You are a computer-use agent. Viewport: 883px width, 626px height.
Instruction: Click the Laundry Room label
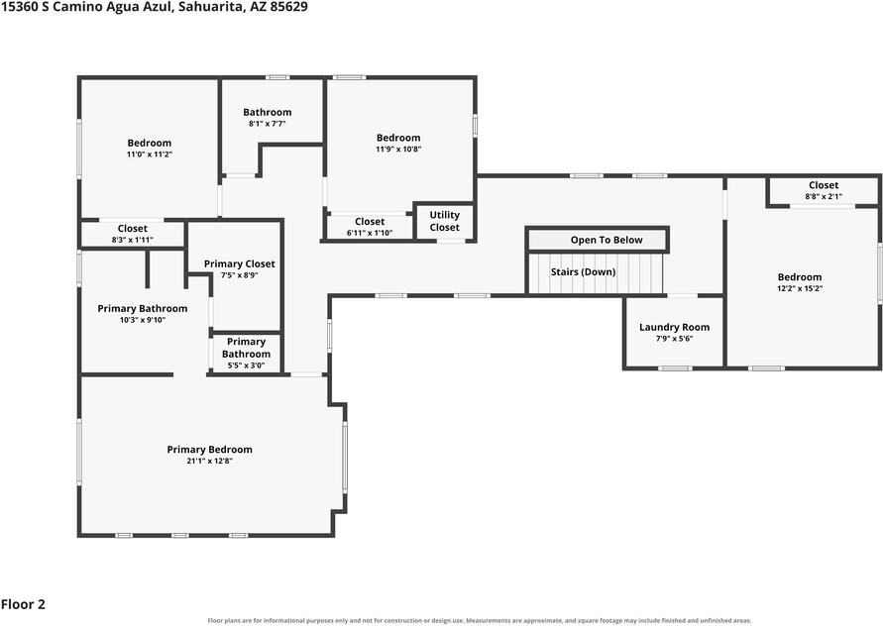(x=674, y=327)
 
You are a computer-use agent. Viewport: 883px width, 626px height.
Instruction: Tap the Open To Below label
(x=607, y=240)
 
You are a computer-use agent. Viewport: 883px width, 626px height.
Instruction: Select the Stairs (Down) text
(x=583, y=272)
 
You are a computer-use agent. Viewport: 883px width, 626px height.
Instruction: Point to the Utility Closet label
(x=444, y=221)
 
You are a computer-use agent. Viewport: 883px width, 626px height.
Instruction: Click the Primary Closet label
(x=240, y=264)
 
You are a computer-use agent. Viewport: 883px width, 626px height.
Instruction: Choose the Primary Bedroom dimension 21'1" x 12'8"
(x=209, y=461)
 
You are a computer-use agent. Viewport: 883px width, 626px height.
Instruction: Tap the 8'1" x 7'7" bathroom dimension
(x=267, y=124)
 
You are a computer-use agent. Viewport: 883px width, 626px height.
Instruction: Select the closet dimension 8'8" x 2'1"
(x=824, y=196)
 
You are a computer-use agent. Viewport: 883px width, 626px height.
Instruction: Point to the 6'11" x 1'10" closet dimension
(x=370, y=233)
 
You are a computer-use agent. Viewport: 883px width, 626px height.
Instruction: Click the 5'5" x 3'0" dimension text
(x=246, y=365)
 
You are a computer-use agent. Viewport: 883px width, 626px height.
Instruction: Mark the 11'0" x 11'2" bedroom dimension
(x=150, y=155)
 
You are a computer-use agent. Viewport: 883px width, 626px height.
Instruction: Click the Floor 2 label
(x=23, y=604)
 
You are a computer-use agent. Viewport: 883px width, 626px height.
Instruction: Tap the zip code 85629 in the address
(x=289, y=7)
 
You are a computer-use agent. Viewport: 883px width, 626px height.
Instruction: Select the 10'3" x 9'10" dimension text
(x=143, y=320)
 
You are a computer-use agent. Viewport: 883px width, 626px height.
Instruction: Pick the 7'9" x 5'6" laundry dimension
(x=674, y=339)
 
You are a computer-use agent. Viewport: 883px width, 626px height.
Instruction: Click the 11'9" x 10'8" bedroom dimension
(x=398, y=150)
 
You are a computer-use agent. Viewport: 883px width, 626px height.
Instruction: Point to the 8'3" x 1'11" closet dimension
(x=133, y=240)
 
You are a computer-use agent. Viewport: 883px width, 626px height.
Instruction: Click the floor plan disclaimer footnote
(x=480, y=620)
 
